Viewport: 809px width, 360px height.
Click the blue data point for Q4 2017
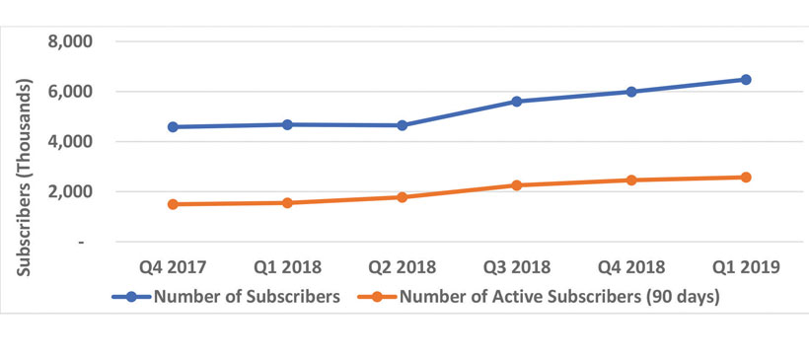173,127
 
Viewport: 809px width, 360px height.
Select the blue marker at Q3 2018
516,101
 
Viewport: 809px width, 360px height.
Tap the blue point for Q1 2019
746,80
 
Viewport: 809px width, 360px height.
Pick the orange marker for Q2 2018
402,197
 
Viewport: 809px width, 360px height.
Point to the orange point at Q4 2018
631,180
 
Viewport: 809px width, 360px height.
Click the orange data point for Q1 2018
287,203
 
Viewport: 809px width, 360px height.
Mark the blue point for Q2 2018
402,125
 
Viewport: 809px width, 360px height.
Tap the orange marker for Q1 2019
746,178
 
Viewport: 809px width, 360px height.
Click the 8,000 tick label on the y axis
70,41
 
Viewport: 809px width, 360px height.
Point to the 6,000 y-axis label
70,92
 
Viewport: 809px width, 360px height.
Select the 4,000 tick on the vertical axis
70,142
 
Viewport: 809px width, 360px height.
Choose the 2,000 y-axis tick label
70,192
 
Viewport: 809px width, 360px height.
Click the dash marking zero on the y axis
82,242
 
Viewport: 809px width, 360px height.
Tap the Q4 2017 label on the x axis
173,267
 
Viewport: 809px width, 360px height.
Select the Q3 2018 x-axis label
516,267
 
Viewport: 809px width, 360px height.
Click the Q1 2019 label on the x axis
746,267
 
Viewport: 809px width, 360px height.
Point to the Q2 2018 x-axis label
402,267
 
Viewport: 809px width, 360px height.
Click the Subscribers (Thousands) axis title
25,177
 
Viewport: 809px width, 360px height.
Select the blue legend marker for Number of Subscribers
131,297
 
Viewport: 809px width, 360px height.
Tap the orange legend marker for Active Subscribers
377,297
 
